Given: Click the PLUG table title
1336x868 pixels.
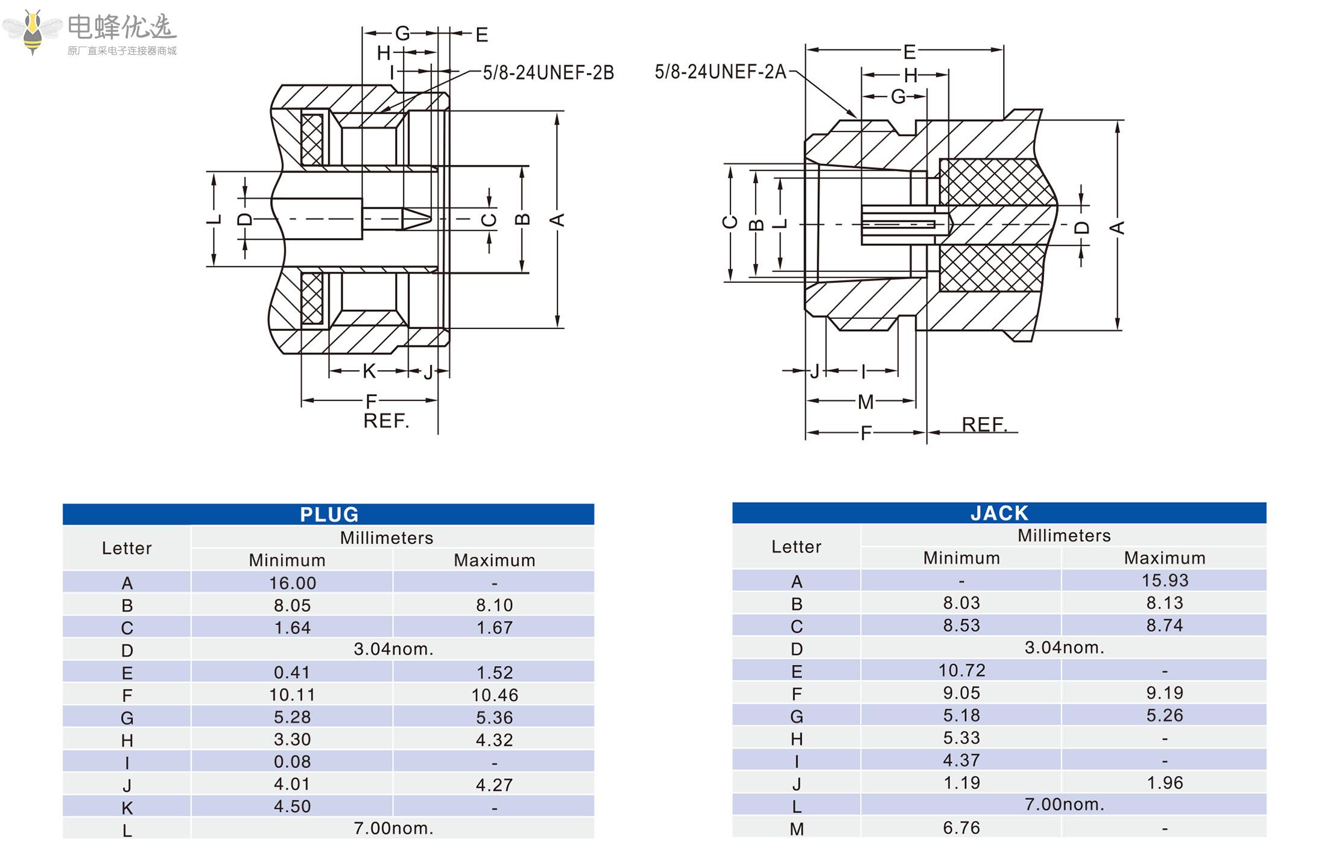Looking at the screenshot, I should point(329,514).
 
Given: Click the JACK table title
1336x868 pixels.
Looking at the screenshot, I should point(999,513).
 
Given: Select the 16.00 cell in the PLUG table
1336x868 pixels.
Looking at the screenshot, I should point(293,583).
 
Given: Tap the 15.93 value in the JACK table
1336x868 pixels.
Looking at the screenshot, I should point(1164,580).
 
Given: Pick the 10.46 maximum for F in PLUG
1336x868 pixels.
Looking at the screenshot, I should point(495,695).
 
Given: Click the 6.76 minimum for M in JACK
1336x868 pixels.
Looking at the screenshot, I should point(961,828).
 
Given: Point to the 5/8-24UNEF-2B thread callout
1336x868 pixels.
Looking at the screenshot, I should point(548,73).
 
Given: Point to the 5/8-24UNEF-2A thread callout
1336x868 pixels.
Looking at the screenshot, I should point(720,72).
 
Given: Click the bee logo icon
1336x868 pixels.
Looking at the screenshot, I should point(33,31).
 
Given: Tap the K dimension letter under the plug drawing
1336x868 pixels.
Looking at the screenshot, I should point(369,371).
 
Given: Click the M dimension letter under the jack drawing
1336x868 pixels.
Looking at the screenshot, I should point(865,401).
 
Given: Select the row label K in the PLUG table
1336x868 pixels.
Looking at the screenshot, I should point(127,808).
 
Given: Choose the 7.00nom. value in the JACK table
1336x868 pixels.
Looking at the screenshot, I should point(1064,805).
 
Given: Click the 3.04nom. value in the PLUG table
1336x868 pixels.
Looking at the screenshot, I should point(393,649).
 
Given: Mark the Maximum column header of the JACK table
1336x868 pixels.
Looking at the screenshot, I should point(1164,558).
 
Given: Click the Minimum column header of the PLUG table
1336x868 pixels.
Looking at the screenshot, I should point(287,561).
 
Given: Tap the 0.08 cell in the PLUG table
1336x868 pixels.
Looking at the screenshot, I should point(293,762).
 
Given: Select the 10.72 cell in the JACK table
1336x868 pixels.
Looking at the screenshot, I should point(961,670).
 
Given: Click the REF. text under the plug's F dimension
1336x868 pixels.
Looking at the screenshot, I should point(386,421).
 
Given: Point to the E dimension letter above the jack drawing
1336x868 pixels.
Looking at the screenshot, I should point(909,52).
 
